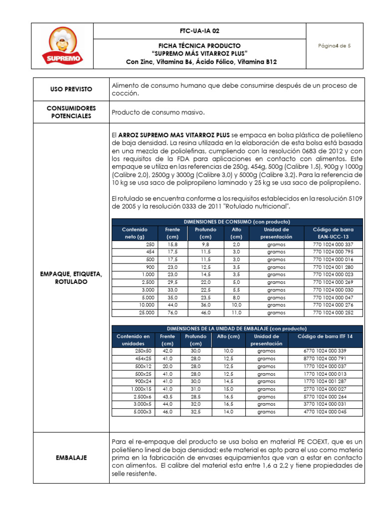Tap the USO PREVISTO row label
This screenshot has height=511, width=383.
(x=71, y=89)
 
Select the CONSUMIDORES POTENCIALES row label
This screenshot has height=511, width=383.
(x=71, y=112)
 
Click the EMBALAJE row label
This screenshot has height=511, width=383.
(x=71, y=457)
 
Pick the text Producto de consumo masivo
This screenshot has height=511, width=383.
(x=159, y=112)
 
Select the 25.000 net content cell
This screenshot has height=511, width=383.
(x=147, y=312)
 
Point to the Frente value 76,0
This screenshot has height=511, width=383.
(x=172, y=312)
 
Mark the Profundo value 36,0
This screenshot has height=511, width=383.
(x=205, y=305)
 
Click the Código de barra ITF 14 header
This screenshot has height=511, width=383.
(x=325, y=336)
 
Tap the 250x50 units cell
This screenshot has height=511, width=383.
(x=143, y=351)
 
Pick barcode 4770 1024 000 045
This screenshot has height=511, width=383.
(x=325, y=412)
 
